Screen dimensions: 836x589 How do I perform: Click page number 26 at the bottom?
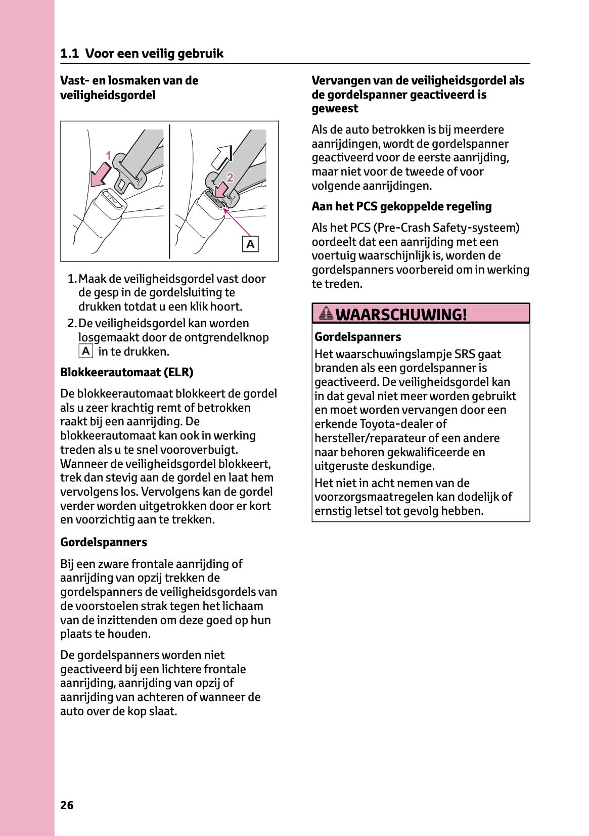67,805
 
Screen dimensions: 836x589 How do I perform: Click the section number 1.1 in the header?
69,54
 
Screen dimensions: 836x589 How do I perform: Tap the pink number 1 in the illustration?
108,156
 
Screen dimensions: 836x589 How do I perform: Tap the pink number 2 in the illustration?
230,178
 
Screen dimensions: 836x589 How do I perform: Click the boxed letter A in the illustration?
250,244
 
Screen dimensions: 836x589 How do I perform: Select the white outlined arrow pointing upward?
221,157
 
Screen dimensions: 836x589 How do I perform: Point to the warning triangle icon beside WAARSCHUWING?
326,314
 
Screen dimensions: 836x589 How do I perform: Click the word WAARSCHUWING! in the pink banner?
401,315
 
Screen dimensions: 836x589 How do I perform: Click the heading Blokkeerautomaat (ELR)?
126,372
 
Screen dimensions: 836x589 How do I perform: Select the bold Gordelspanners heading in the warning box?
357,337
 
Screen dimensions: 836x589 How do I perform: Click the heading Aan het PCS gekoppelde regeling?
401,206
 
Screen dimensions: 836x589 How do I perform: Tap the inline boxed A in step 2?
86,351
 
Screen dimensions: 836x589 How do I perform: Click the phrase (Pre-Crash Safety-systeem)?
446,228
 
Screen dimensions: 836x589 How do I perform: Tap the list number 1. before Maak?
72,279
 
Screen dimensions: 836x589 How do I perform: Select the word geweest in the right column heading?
335,109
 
